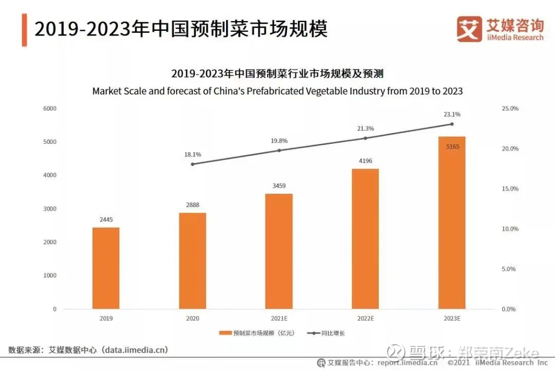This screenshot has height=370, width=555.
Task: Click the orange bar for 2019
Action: click(106, 268)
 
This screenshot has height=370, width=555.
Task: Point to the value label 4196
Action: click(365, 161)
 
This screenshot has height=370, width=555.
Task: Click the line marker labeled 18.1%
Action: click(193, 164)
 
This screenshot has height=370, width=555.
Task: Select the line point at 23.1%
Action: click(452, 124)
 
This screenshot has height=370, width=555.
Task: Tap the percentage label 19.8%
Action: click(279, 140)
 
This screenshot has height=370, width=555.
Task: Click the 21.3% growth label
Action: click(365, 128)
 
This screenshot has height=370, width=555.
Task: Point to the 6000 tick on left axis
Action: click(50, 108)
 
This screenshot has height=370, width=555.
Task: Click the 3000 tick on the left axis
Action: click(50, 209)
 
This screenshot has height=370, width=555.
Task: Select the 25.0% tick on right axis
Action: click(510, 108)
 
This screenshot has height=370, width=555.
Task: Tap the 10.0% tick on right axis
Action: click(510, 229)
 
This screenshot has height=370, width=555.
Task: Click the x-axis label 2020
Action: click(192, 319)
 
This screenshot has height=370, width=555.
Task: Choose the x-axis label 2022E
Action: click(365, 319)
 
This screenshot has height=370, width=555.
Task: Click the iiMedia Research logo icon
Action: click(469, 29)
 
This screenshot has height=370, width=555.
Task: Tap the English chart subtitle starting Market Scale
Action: click(277, 91)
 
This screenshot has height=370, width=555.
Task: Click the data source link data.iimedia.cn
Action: click(135, 350)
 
